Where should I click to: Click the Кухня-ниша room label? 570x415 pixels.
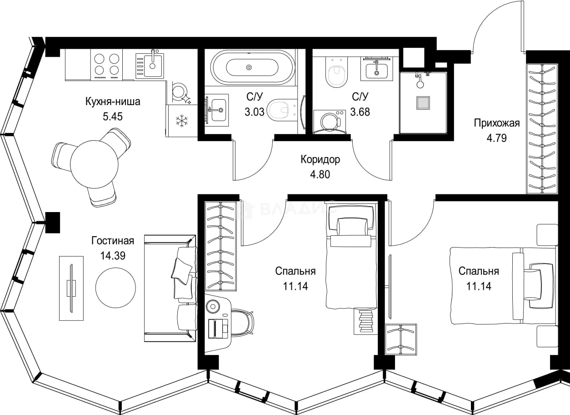coord(113,101)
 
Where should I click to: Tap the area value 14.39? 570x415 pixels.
coord(113,256)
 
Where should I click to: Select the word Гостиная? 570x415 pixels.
coord(113,241)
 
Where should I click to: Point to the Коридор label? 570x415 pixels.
coord(320,159)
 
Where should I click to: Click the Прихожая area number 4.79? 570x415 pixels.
coord(497,138)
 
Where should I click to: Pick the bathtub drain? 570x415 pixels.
coord(249,67)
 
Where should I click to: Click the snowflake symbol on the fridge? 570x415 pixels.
coord(182,121)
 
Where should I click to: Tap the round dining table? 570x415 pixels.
coord(95,164)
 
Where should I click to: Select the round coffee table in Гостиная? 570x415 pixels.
coord(115,288)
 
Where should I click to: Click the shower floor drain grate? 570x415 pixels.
coord(423,103)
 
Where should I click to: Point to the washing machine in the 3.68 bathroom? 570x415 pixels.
coord(330,121)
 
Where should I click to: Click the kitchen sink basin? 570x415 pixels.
coord(152,66)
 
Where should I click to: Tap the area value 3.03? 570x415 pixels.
coord(255,112)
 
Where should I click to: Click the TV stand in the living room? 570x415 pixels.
coord(71,288)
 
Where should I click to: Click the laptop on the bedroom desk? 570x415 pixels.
coord(218,329)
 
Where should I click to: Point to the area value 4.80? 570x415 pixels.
coord(320,174)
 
